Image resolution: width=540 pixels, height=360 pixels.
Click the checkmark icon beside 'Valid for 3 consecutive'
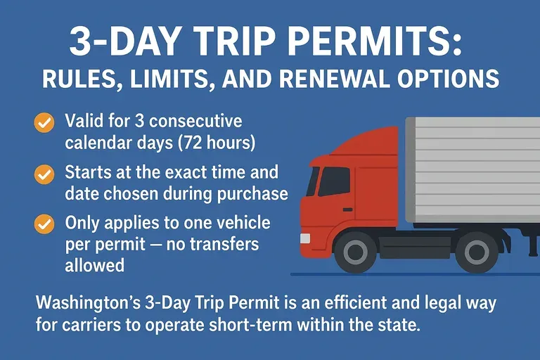44,122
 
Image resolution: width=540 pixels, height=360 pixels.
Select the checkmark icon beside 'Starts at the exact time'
44,173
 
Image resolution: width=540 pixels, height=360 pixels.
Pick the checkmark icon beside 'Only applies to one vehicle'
44,224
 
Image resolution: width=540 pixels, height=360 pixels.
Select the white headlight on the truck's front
305,238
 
